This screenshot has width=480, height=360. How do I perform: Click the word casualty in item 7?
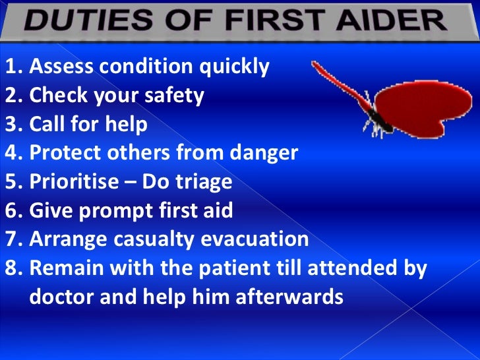click(x=162, y=239)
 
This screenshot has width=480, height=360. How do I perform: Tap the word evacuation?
click(x=260, y=239)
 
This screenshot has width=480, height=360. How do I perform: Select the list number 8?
click(x=12, y=268)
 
